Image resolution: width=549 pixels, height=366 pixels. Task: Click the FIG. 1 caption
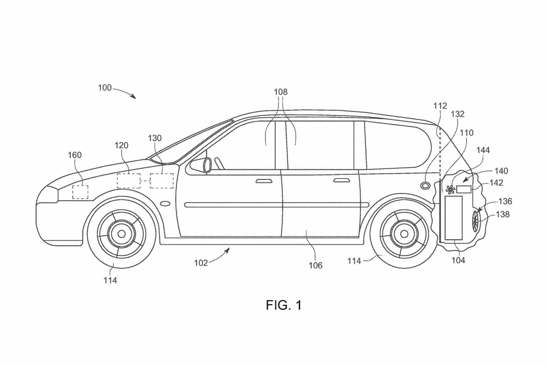coord(284,305)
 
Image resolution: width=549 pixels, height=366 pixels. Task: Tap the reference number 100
coord(105,87)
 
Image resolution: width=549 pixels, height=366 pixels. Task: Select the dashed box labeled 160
coord(80,192)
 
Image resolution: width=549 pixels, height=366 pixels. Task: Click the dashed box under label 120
coord(129,181)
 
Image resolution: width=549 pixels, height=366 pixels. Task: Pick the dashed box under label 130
coord(162,181)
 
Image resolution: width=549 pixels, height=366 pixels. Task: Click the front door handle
coord(264,181)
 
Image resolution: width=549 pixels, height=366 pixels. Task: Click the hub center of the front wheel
coord(122,234)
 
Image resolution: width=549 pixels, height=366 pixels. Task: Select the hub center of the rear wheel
coord(404,234)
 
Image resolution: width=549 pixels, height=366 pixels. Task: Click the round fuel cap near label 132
coord(425,186)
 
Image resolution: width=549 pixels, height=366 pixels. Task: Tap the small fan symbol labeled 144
coord(450,190)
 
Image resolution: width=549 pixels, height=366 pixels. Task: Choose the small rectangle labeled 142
coord(464,189)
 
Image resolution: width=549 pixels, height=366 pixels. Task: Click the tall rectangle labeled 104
coord(454,218)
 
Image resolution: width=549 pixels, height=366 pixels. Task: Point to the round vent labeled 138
coord(476,221)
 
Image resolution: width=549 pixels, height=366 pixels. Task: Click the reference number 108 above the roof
coord(281,92)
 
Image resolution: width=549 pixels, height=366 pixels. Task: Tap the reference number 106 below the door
coord(315,265)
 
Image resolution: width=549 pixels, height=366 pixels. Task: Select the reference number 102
coord(201,263)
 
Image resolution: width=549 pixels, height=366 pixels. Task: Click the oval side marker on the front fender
coord(165,204)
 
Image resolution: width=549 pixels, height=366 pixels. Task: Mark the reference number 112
coord(440,106)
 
